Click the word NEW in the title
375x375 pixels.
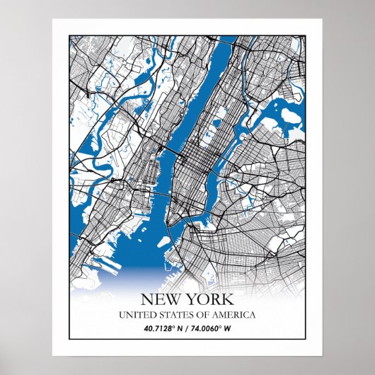coord(160,300)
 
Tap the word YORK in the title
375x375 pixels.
coord(209,300)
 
